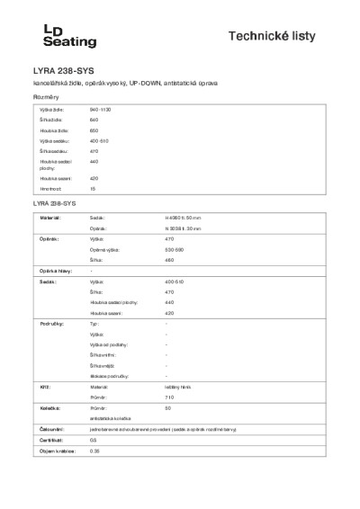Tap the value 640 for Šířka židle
94,119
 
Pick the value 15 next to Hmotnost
93,189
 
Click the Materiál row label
50,217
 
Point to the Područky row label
50,322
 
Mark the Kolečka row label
49,407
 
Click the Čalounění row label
50,430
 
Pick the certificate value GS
94,441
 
